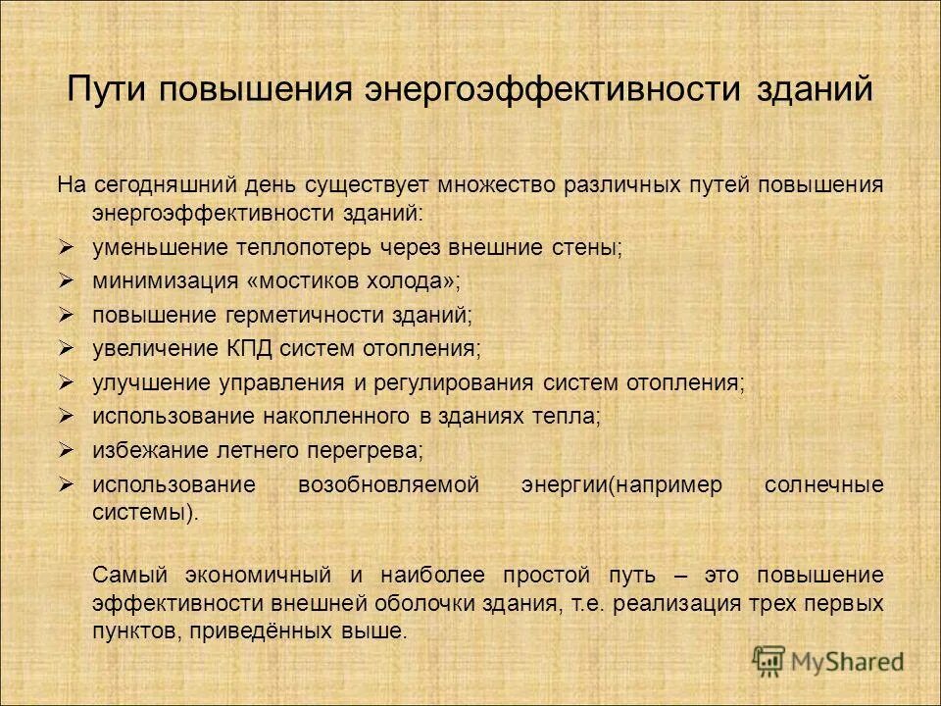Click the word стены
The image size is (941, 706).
tap(592, 248)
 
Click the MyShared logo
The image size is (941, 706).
tap(829, 661)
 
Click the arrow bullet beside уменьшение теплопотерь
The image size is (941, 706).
tap(67, 247)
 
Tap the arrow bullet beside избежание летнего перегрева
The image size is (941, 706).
tap(67, 450)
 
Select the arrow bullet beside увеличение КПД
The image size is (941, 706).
tap(67, 348)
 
